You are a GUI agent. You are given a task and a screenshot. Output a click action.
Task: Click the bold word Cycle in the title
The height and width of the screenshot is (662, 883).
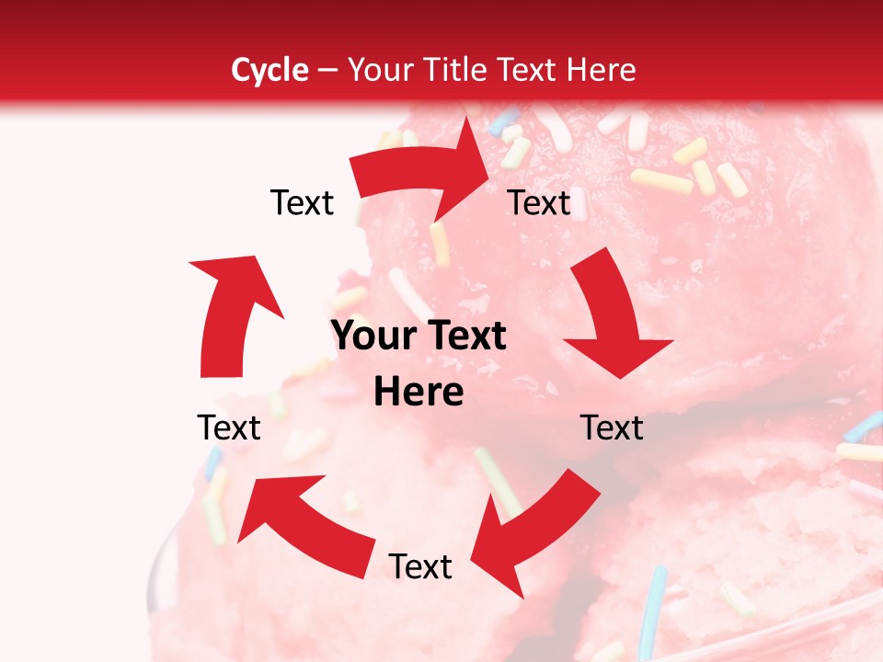click(x=269, y=70)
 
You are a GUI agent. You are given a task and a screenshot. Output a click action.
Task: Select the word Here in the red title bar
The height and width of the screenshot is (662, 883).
click(x=602, y=70)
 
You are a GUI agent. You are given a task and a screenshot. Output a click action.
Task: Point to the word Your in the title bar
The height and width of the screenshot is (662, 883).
click(x=381, y=70)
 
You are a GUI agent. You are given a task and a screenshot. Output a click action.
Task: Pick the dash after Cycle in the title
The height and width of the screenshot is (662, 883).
click(x=327, y=71)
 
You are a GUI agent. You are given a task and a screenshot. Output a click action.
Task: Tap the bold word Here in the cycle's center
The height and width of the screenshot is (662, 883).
click(x=419, y=393)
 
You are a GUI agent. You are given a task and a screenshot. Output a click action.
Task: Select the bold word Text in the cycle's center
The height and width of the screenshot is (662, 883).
click(x=464, y=337)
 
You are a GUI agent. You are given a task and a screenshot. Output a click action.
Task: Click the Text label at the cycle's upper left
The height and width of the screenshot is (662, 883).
click(x=302, y=203)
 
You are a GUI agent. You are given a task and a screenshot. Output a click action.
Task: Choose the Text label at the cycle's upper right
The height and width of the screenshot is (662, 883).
click(x=539, y=203)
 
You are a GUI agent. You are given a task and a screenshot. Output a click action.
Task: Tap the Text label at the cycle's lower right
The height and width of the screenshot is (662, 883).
click(x=612, y=428)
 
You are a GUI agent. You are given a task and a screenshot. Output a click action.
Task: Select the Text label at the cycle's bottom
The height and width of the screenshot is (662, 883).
click(x=420, y=567)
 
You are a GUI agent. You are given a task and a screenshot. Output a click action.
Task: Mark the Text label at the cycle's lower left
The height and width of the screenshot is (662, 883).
click(x=229, y=428)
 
